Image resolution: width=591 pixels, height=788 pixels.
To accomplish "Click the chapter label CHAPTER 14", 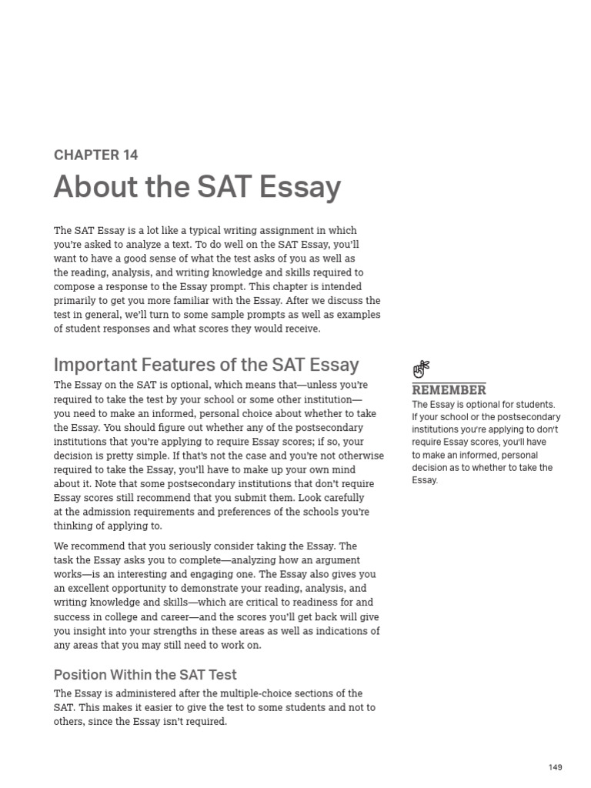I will point(95,155).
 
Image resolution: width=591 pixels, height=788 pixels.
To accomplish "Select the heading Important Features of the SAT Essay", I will point(206,365).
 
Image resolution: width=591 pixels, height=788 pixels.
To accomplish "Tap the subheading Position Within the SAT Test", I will point(145,675).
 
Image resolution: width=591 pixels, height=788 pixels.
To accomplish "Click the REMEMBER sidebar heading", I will point(449,390).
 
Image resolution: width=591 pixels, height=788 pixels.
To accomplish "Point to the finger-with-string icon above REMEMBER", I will point(421,369).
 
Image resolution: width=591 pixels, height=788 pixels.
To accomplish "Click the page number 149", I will point(556,767).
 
